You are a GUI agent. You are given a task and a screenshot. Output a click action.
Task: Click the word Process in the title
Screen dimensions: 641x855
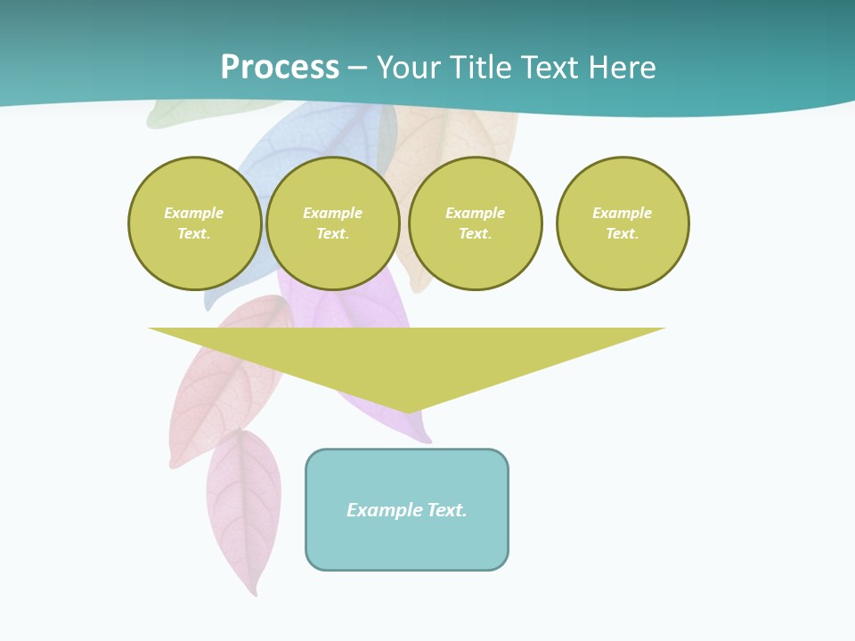(280, 68)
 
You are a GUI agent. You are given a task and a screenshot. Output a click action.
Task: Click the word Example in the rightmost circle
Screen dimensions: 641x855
(622, 213)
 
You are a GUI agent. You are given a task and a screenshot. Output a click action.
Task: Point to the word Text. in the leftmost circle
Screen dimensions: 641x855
(194, 234)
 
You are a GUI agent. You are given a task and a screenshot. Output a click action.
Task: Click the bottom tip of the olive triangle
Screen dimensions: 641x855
(408, 410)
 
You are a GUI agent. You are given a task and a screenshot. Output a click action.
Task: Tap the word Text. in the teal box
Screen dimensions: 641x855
(446, 510)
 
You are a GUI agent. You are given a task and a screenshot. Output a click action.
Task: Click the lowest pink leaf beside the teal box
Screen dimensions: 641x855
(244, 507)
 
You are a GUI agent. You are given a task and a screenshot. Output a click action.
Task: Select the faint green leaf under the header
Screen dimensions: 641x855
(178, 115)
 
